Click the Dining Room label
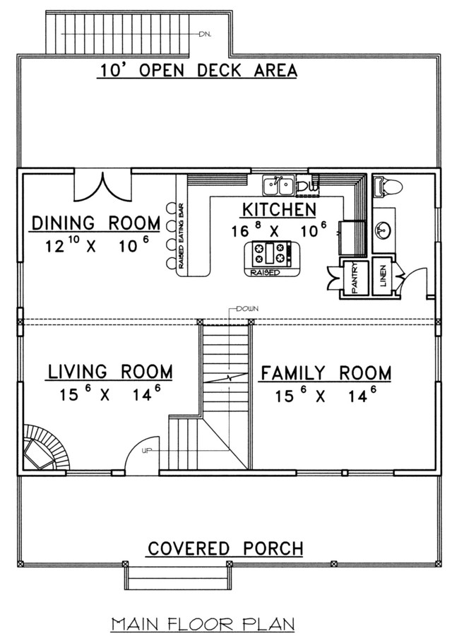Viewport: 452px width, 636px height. coord(96,223)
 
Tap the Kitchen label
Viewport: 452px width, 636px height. coord(279,210)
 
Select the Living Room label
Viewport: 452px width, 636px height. coord(110,372)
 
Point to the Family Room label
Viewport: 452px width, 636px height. coord(326,373)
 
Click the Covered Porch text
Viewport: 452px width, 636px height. coord(225,549)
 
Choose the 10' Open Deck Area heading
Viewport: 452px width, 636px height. coord(198,71)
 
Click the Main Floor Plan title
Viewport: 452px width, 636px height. coord(203,624)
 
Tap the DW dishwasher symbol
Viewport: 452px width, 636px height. coord(308,186)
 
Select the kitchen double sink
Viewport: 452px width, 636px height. coord(278,186)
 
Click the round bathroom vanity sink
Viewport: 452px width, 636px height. coord(383,230)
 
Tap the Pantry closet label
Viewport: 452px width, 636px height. coord(355,278)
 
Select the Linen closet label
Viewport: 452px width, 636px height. coord(383,276)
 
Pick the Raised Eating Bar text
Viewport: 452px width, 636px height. coord(182,236)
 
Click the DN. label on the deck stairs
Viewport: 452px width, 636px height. coord(205,35)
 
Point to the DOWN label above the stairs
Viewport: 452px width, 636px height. coord(247,309)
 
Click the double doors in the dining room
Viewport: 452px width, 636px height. coord(103,187)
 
